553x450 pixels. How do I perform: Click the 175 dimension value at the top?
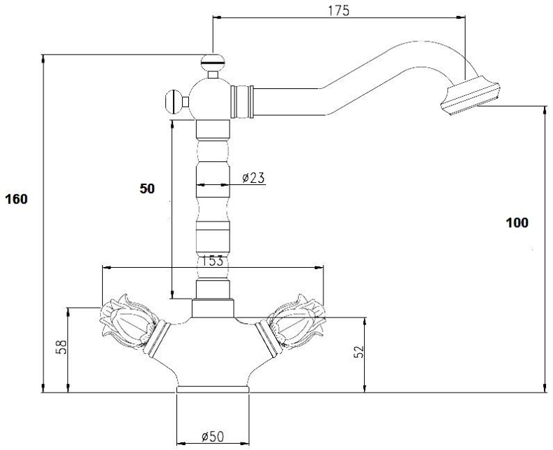[x=338, y=11]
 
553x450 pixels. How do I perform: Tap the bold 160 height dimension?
[x=16, y=199]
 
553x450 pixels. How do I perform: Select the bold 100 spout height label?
[x=517, y=223]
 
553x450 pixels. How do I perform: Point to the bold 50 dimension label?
[x=147, y=189]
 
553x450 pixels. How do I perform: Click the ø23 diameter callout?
[x=253, y=177]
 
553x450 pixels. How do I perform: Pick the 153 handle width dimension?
[x=212, y=261]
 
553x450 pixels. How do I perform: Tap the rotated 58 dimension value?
[x=61, y=347]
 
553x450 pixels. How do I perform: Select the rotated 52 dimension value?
[x=358, y=351]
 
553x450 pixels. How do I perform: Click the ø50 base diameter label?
[x=213, y=437]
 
